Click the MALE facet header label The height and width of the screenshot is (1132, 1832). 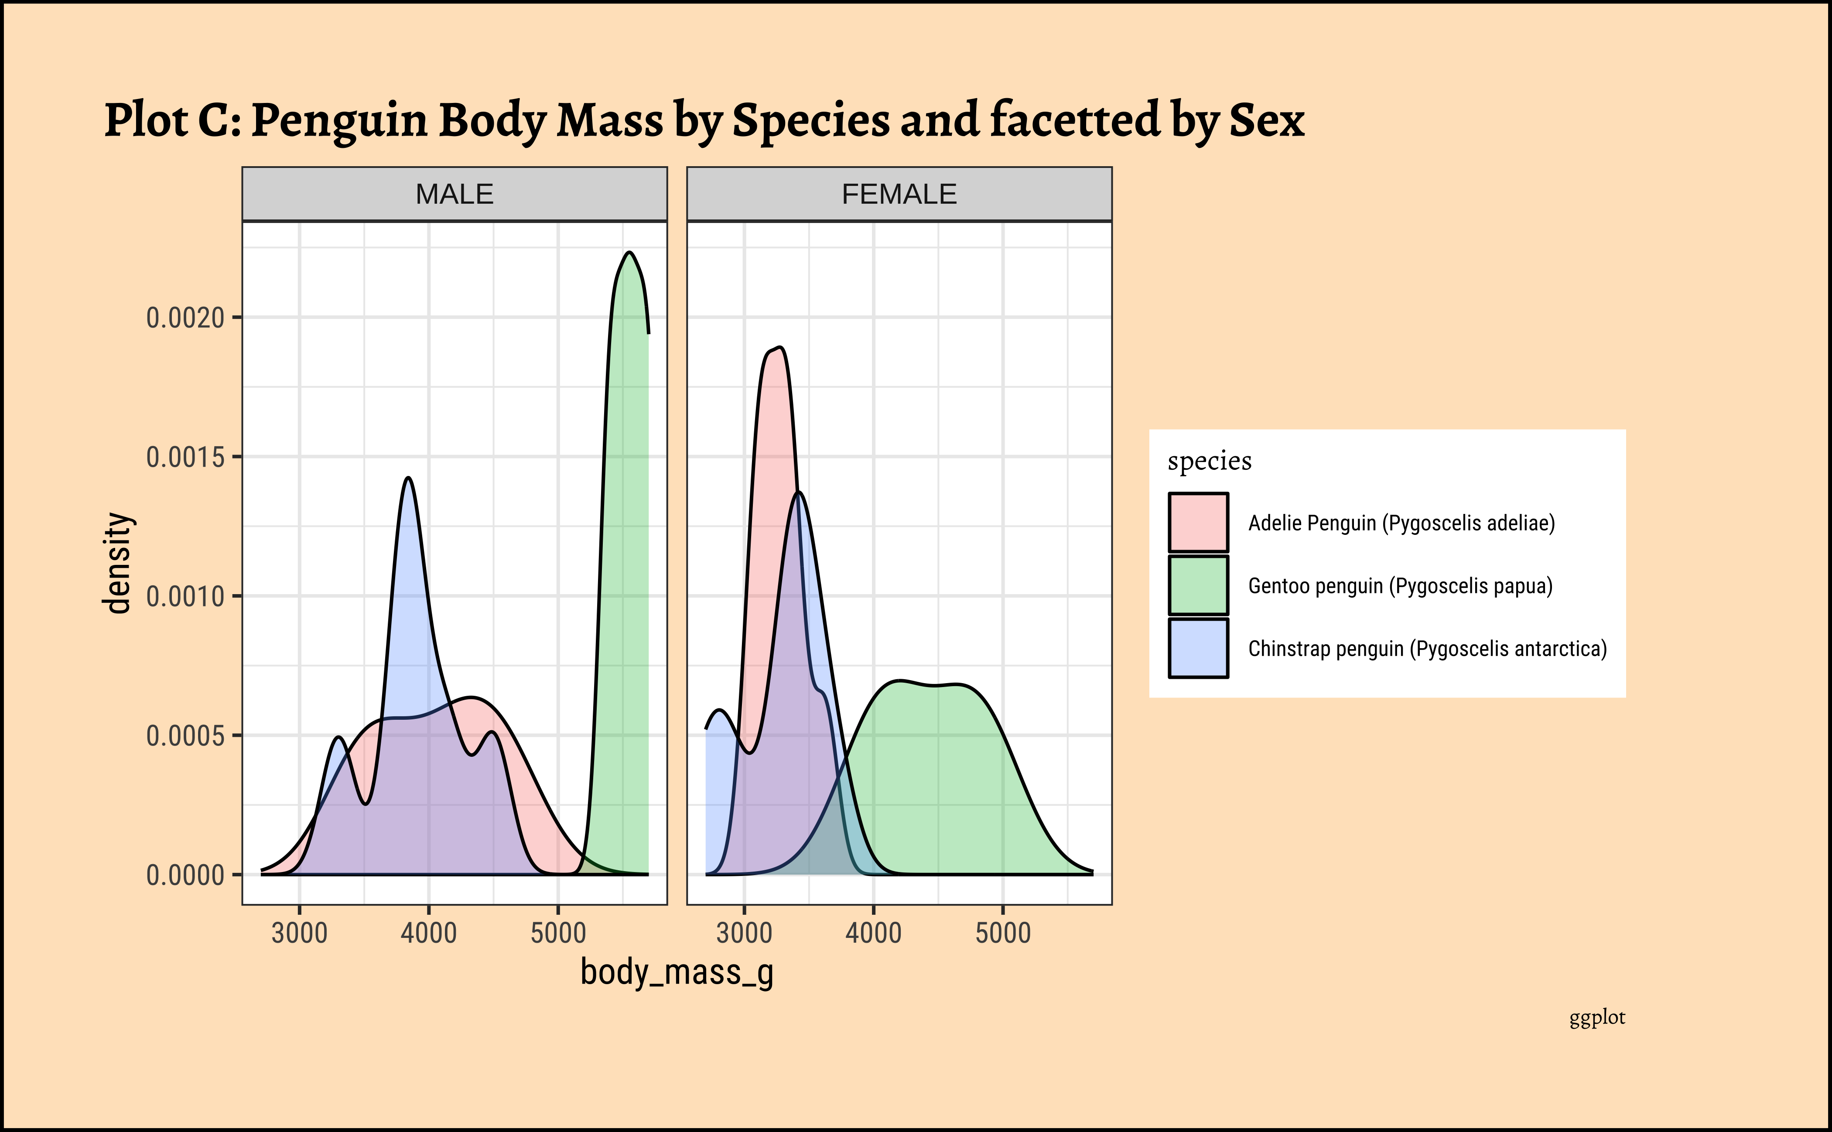455,195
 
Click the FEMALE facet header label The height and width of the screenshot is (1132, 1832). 899,195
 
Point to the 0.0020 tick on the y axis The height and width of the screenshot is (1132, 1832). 186,318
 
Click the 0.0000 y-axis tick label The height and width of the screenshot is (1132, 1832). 186,875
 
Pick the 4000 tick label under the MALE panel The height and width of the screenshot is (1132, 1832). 428,933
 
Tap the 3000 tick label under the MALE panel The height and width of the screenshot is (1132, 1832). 300,933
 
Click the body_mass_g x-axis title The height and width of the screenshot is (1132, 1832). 677,972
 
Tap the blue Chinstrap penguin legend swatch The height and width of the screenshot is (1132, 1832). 1198,648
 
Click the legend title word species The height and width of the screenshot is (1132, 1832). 1209,461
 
